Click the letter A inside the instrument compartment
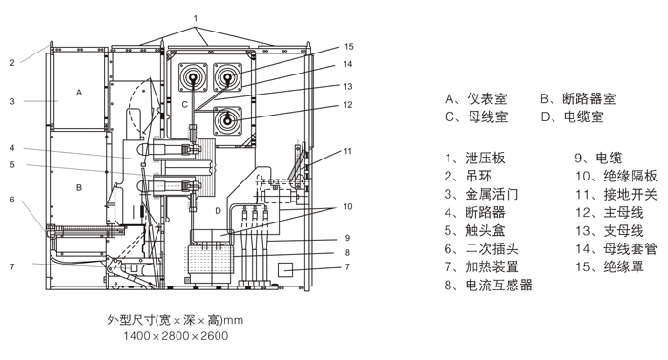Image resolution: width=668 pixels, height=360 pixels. tap(79, 93)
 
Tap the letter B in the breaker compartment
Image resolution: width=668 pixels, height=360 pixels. tap(79, 187)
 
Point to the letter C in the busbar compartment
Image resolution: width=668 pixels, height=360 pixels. tap(184, 104)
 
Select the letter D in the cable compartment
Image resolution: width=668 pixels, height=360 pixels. tap(218, 211)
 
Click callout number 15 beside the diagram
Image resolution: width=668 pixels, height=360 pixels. tap(349, 47)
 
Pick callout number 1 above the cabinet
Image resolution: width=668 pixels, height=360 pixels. tap(196, 18)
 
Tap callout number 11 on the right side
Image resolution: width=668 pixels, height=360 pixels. tap(347, 151)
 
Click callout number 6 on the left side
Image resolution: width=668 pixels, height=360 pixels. tap(12, 200)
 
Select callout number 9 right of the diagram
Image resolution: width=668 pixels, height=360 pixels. tap(347, 238)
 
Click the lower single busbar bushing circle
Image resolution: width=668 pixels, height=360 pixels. tap(227, 120)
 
